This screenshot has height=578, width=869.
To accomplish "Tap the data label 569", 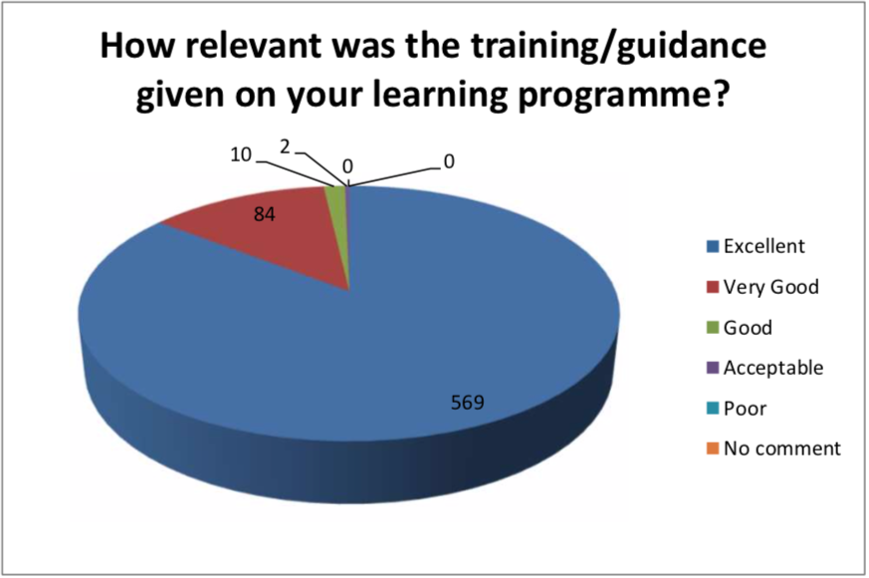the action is [467, 403].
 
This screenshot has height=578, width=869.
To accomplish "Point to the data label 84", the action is [265, 214].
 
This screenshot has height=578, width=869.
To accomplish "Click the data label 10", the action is [241, 154].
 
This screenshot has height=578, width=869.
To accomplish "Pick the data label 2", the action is [285, 147].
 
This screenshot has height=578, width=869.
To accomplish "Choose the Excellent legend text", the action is [763, 246].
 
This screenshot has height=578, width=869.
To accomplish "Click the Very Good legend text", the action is [770, 287].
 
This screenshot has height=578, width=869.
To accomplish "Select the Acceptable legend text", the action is [773, 368].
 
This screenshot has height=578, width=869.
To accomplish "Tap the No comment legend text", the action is [782, 448].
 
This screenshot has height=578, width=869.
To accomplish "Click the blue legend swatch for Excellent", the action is [713, 246].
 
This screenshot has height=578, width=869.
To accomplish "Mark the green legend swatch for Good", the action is [713, 327].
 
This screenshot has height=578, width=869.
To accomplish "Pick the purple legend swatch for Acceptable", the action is [713, 368].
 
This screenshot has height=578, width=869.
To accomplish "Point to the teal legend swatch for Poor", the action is [713, 409].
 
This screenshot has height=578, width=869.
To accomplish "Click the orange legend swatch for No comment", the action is [713, 448].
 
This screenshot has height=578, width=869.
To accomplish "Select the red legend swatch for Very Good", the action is [713, 287].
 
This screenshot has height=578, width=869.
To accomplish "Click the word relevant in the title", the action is [256, 46].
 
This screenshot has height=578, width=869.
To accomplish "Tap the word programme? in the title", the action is [622, 95].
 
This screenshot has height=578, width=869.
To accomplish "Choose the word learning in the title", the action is [440, 95].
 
